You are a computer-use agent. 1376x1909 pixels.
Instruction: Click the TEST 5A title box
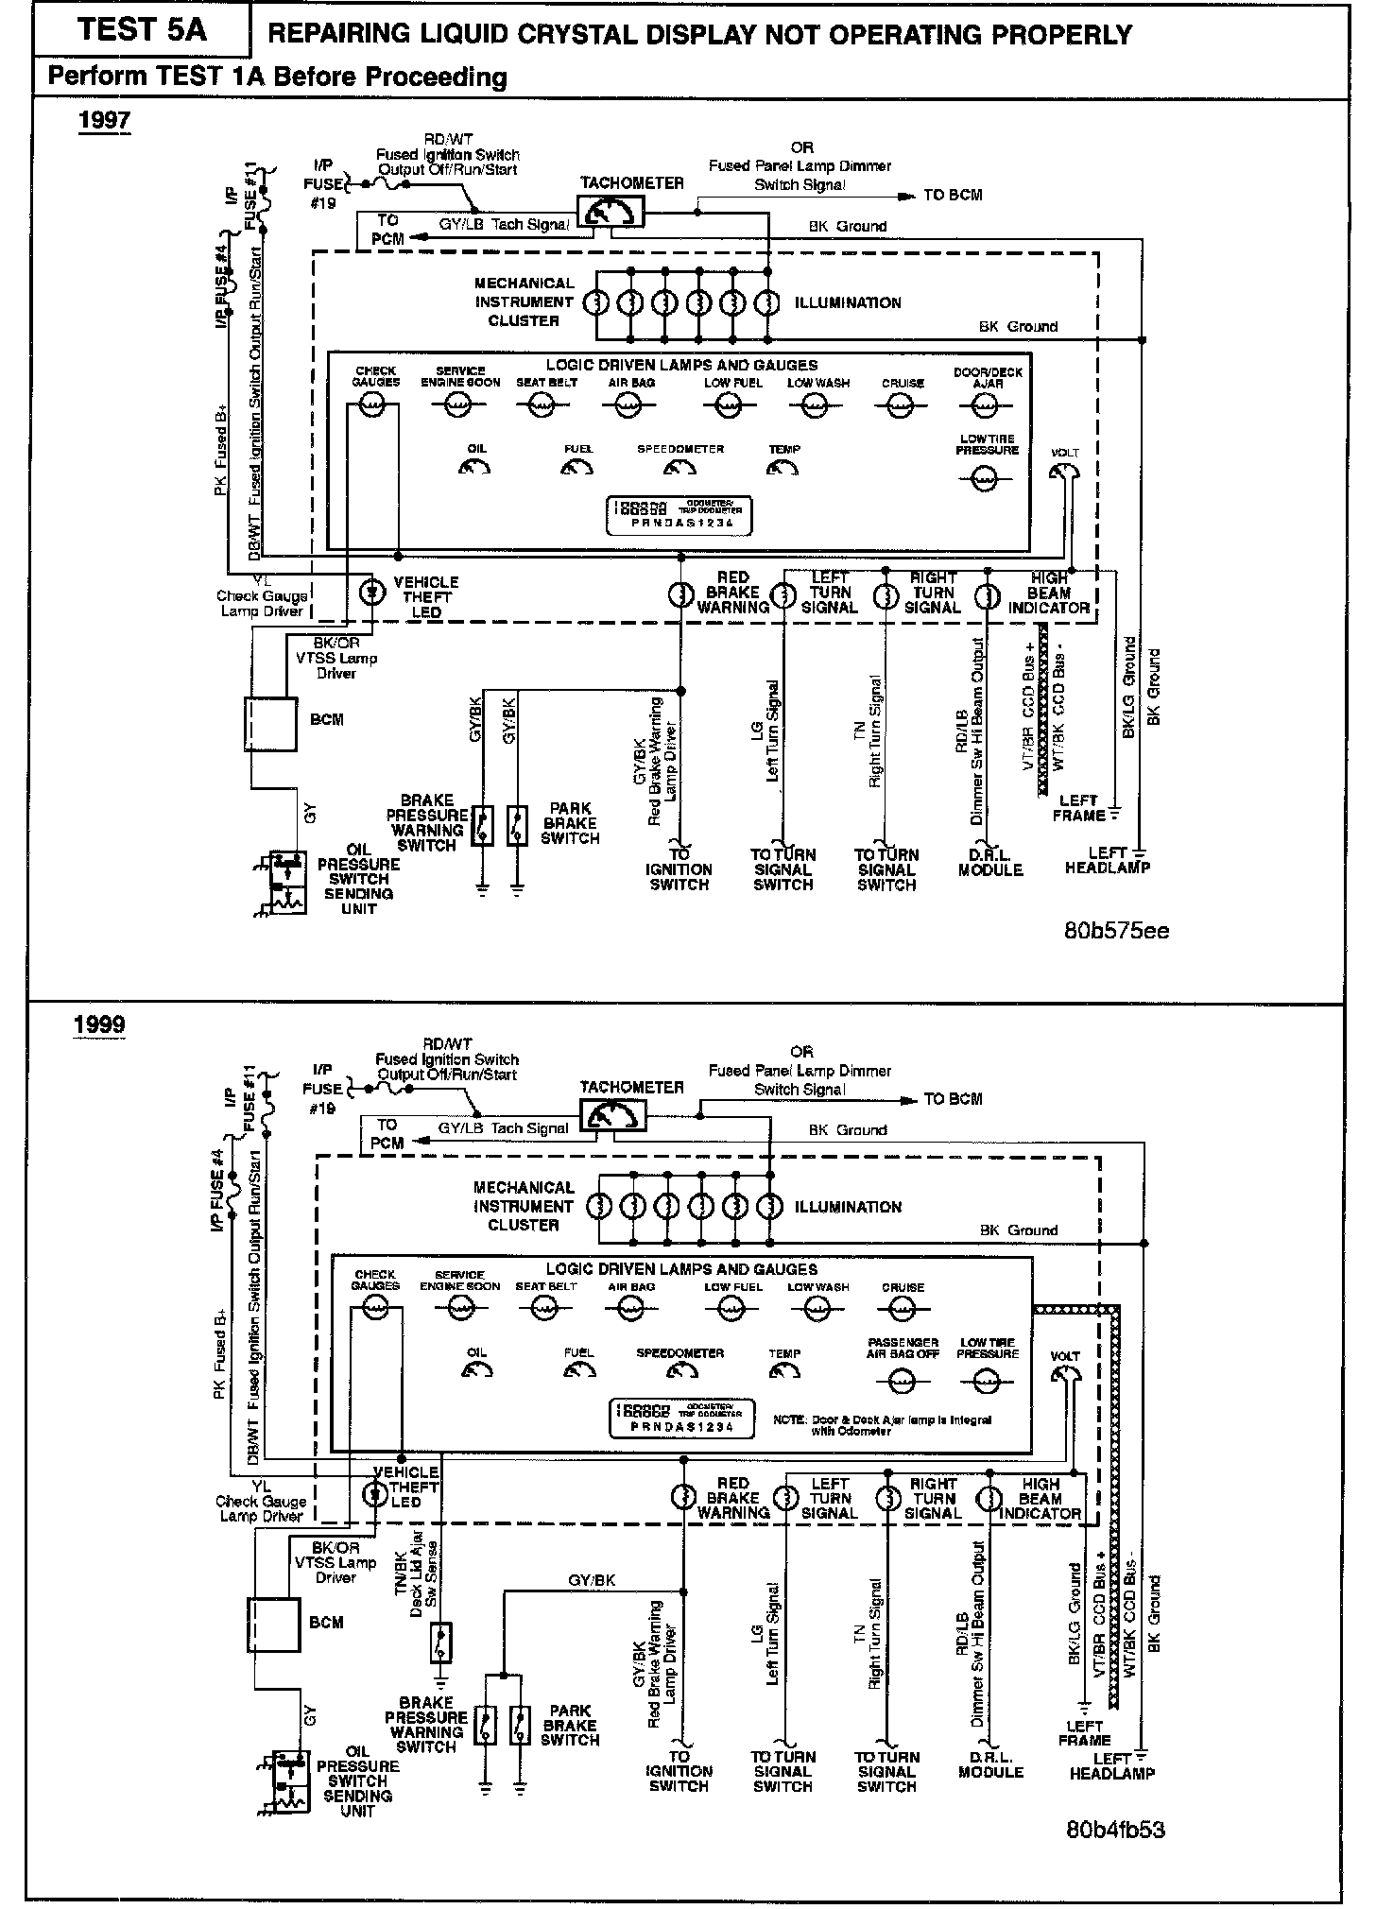(142, 30)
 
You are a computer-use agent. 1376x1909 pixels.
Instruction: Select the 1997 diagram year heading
(104, 121)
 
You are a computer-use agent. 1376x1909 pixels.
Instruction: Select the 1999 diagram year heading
(99, 1025)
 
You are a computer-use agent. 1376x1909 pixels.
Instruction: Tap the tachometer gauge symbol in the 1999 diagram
(613, 1117)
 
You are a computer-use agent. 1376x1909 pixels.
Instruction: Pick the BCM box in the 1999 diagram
(273, 1624)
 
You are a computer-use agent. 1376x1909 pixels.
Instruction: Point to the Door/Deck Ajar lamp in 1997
(985, 405)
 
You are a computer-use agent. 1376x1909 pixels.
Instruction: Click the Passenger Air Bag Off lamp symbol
(903, 1382)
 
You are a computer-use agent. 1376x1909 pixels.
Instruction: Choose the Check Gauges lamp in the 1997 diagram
(374, 405)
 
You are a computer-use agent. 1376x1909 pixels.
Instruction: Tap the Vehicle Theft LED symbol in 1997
(375, 592)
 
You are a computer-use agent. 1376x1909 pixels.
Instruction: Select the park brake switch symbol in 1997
(517, 825)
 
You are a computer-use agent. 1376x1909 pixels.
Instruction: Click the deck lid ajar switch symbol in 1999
(440, 1642)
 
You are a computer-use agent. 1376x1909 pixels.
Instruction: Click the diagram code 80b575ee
(1116, 930)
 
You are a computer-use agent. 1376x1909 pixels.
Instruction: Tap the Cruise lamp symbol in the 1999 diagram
(903, 1308)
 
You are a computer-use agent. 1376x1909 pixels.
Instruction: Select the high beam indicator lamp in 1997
(988, 596)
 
